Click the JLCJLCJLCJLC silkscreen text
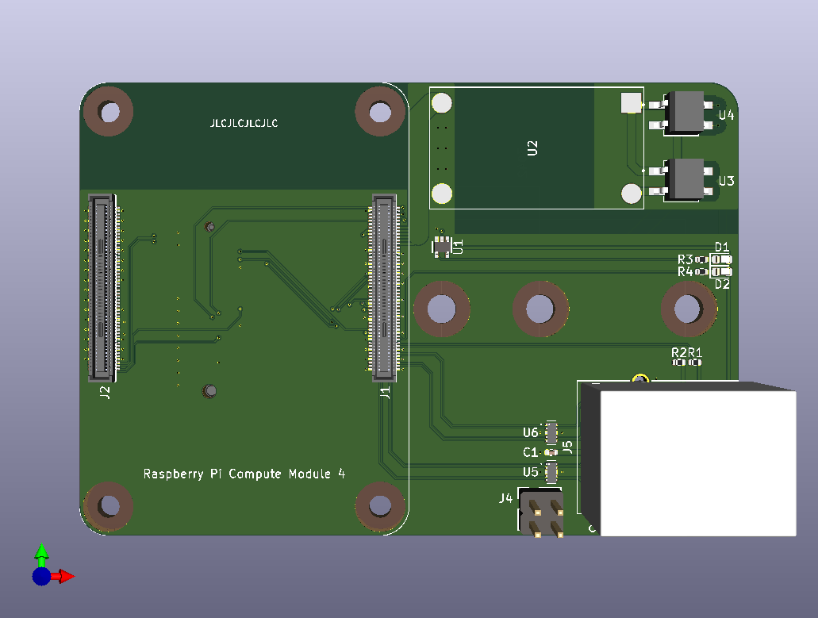pyautogui.click(x=244, y=124)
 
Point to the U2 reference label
pyautogui.click(x=532, y=148)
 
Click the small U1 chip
pyautogui.click(x=441, y=247)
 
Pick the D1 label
pyautogui.click(x=722, y=247)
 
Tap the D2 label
pyautogui.click(x=722, y=283)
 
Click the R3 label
pyautogui.click(x=685, y=259)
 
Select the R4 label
pyautogui.click(x=685, y=271)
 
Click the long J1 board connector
pyautogui.click(x=383, y=286)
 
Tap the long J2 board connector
pyautogui.click(x=102, y=286)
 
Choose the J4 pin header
pyautogui.click(x=540, y=514)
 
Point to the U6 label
pyautogui.click(x=530, y=432)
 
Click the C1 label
pyautogui.click(x=530, y=452)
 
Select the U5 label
pyautogui.click(x=530, y=472)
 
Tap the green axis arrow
pyautogui.click(x=42, y=551)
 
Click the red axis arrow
pyautogui.click(x=65, y=576)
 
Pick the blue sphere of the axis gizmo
pyautogui.click(x=41, y=576)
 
